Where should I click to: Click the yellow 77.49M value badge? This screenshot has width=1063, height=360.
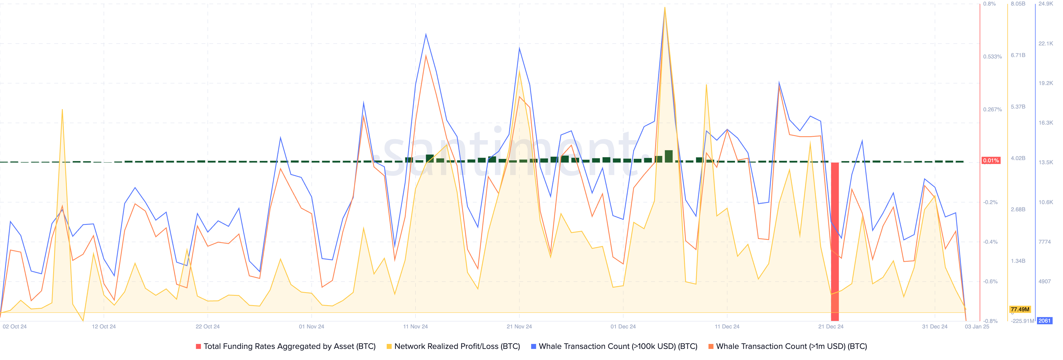click(x=1020, y=309)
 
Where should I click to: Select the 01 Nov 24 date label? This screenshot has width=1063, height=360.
click(x=311, y=326)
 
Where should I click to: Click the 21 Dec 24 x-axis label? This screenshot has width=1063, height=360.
click(x=831, y=326)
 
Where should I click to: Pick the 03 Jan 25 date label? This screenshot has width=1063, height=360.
click(x=977, y=326)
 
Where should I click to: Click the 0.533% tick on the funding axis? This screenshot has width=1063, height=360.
click(x=992, y=56)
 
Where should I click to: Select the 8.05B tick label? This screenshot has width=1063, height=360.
click(x=1018, y=4)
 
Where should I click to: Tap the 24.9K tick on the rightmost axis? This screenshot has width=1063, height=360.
click(x=1046, y=4)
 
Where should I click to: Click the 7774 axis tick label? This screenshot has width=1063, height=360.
click(x=1044, y=242)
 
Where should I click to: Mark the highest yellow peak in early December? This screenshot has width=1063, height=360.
click(x=665, y=7)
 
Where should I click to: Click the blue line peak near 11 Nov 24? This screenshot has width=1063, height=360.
click(x=426, y=34)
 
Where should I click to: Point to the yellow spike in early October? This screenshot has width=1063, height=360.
click(x=62, y=110)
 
